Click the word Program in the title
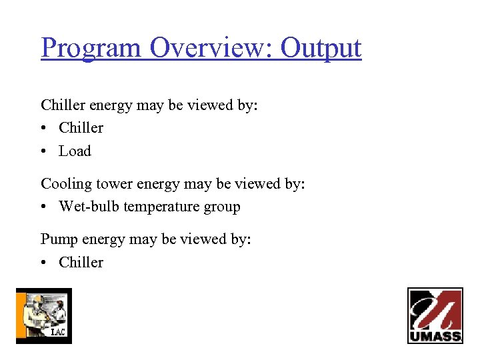coord(91,48)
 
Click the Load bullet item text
coord(75,151)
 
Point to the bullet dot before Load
coord(44,151)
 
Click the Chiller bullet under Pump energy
coord(81,263)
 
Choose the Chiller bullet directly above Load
coord(81,128)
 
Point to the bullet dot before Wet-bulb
coord(44,207)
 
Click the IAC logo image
coord(43,316)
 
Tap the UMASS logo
coord(435,315)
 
